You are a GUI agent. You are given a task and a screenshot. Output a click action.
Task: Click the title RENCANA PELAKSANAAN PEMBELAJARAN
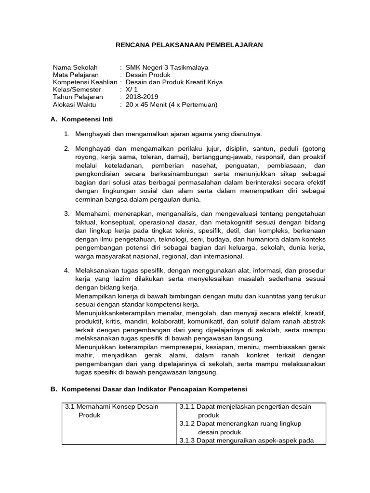tap(189, 45)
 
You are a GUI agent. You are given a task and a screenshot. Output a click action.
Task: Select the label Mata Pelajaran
tap(76, 75)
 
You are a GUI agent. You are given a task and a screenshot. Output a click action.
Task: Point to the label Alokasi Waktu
tap(74, 104)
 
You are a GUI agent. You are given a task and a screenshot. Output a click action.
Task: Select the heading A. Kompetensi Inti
tap(81, 119)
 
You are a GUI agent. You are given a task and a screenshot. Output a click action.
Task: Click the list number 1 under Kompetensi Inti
tap(66, 134)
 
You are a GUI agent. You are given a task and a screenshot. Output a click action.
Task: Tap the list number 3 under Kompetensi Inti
tap(66, 214)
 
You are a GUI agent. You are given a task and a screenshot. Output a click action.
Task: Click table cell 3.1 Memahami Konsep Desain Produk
tap(112, 411)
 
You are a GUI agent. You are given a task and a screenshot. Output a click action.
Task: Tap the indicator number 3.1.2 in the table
tap(187, 424)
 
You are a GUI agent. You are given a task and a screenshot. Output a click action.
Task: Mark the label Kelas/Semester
tap(77, 89)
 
